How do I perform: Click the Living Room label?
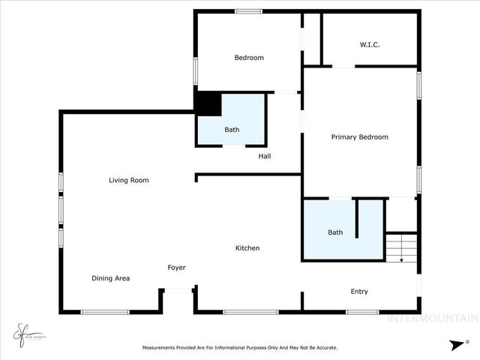point(128,180)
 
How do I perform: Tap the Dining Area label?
point(111,278)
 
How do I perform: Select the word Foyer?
point(176,268)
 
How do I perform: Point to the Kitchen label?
point(247,248)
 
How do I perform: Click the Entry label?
point(359,292)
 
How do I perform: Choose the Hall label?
point(265,157)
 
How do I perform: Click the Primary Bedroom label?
point(360,137)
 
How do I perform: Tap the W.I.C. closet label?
point(370,45)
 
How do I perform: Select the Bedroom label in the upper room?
point(249,58)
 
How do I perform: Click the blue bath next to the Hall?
point(232,120)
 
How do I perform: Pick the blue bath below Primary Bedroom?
point(335,229)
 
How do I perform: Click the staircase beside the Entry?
point(401,247)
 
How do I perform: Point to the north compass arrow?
point(456,344)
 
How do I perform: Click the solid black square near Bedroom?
point(208,103)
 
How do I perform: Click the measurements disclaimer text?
point(240,347)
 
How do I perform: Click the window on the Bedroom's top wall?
point(248,11)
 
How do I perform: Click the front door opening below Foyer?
point(178,290)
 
